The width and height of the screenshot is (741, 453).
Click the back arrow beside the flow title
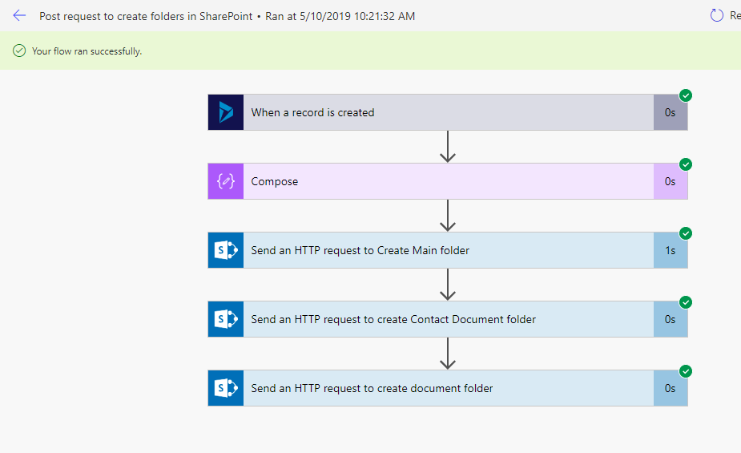[x=19, y=15]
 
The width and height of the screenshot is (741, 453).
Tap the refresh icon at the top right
[x=716, y=15]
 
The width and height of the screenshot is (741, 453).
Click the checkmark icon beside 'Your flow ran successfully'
[x=19, y=51]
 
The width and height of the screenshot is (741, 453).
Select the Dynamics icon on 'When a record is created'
[x=226, y=112]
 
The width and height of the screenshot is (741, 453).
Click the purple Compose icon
[x=226, y=181]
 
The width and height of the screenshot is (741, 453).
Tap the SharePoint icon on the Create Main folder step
[x=226, y=250]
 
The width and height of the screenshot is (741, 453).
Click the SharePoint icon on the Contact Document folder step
[x=226, y=319]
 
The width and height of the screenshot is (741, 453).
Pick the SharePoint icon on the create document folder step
[x=226, y=388]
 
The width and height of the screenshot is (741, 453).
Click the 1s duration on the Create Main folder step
[x=671, y=251]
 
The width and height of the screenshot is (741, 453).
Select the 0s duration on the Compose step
[x=671, y=181]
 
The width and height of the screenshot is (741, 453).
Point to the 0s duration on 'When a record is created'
[x=671, y=112]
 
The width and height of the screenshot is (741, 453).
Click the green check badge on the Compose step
[x=686, y=164]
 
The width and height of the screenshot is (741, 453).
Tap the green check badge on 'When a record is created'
[x=686, y=95]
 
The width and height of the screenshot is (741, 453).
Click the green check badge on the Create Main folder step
[x=686, y=233]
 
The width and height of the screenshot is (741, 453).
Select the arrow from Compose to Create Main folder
[x=448, y=216]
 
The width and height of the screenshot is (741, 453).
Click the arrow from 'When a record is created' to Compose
[x=448, y=147]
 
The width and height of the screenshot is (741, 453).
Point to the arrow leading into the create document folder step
[x=448, y=354]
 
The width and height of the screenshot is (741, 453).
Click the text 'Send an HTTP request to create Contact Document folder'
[x=393, y=320]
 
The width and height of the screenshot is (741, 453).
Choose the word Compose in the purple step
[x=275, y=181]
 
